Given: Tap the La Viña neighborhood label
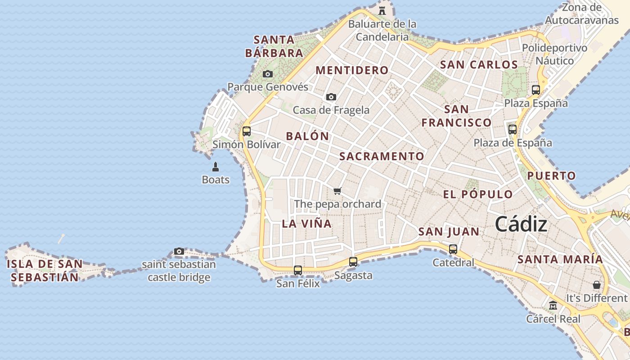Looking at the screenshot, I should click(x=306, y=224).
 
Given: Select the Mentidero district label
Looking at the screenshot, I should click(x=352, y=70).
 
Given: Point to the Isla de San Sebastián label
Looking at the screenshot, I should click(x=45, y=270).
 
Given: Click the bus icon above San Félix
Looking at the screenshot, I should click(x=298, y=270).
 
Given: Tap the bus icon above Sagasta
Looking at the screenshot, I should click(x=353, y=261).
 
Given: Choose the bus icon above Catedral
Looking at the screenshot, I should click(x=453, y=249).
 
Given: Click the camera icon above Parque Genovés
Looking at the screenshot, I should click(x=268, y=74).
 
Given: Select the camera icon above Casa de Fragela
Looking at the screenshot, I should click(x=331, y=97).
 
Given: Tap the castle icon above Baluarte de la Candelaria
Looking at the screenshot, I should click(x=382, y=11).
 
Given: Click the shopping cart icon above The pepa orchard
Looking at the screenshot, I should click(x=337, y=191).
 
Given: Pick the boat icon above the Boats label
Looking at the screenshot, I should click(x=216, y=167).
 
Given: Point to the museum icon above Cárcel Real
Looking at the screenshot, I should click(x=553, y=306).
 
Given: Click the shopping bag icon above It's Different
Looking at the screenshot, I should click(x=597, y=285).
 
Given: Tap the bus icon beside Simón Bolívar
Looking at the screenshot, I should click(x=247, y=131).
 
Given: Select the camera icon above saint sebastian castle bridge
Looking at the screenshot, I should click(x=179, y=252).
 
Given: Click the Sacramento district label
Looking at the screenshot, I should click(x=382, y=156).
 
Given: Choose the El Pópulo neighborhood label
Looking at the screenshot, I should click(x=478, y=194).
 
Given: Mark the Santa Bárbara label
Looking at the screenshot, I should click(x=274, y=46).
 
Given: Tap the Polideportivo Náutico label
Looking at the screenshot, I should click(x=554, y=54).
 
